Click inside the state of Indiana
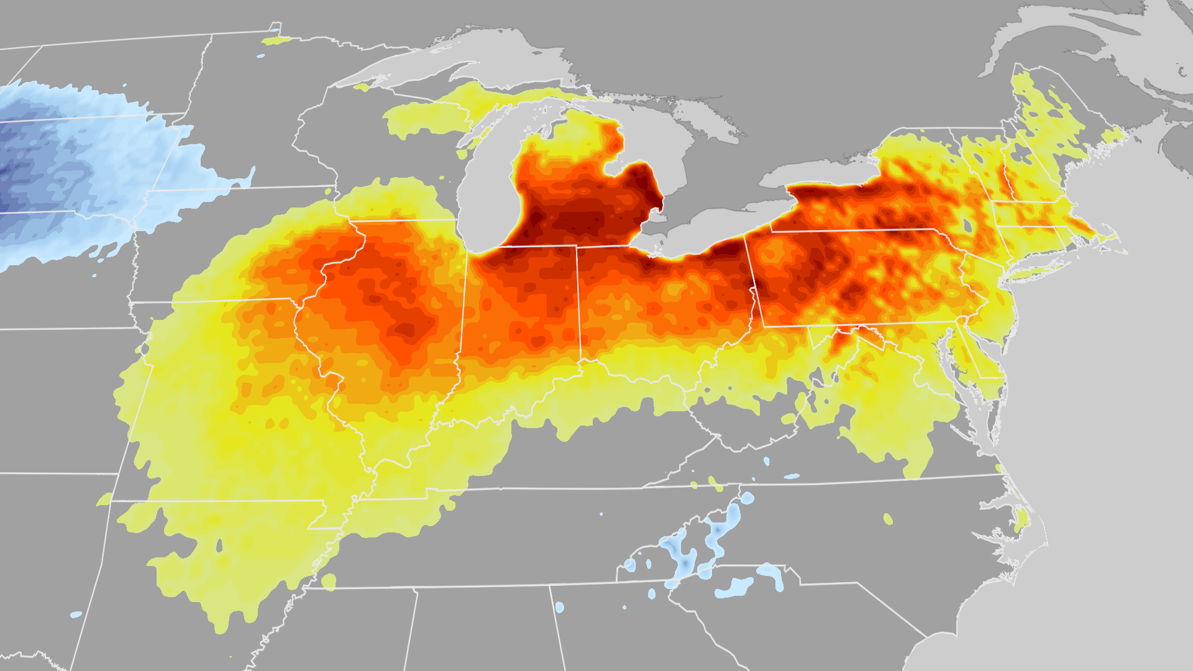click(x=522, y=311)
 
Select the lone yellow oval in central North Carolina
click(x=888, y=519)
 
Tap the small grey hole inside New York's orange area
click(x=967, y=226)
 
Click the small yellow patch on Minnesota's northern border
click(x=277, y=40)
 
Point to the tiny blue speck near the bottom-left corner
click(x=76, y=614)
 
